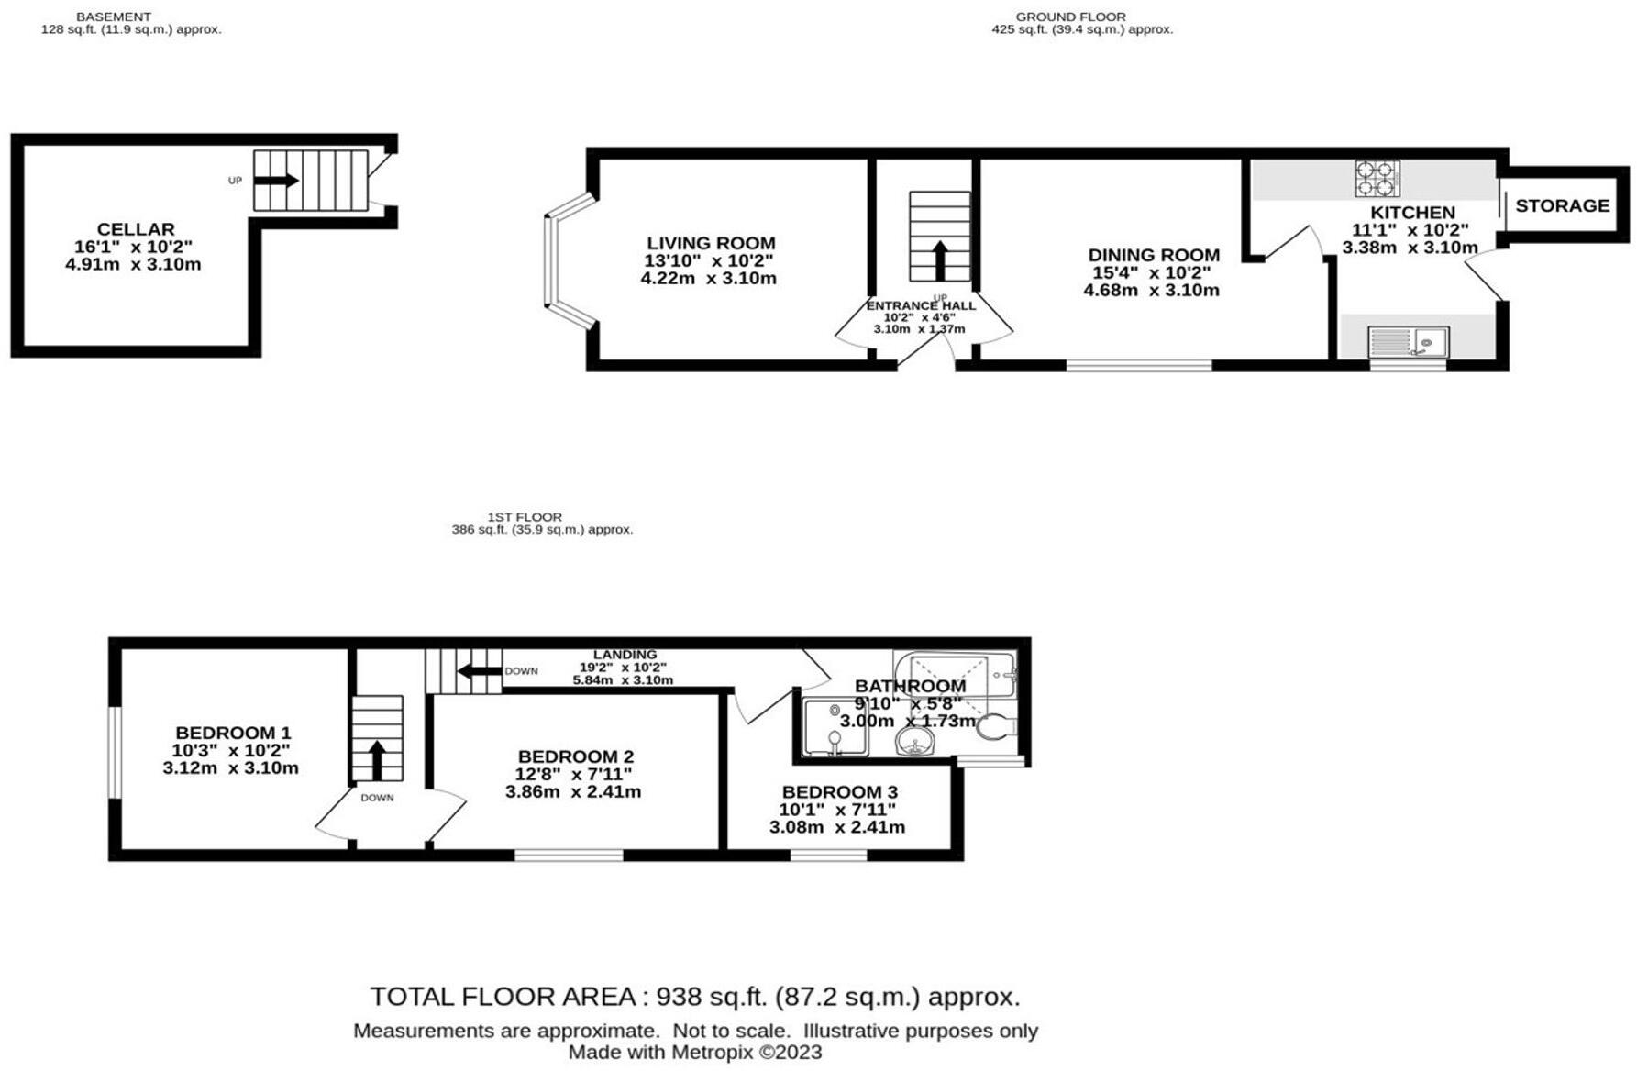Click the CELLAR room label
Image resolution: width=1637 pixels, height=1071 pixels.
[136, 229]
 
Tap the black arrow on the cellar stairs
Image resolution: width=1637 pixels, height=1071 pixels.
[276, 181]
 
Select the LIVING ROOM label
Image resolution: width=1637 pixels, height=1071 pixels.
[711, 243]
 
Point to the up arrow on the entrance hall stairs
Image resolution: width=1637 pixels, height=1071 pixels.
[940, 260]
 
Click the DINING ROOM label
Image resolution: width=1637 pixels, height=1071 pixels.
[1154, 255]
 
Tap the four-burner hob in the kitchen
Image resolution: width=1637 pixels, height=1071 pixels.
[1377, 179]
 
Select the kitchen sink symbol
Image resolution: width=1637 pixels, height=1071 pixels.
[1408, 342]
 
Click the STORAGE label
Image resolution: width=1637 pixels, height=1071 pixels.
[1562, 205]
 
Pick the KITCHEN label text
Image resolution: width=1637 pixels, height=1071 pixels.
[1412, 213]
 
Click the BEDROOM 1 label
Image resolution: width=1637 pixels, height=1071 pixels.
[233, 733]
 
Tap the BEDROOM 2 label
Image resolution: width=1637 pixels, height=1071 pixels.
[576, 756]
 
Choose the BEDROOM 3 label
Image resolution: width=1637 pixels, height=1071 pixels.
[840, 792]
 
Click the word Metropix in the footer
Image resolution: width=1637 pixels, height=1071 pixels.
[713, 1053]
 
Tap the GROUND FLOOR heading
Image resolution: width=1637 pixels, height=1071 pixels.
[1070, 17]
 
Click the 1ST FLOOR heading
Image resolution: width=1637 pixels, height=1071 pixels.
[525, 517]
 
